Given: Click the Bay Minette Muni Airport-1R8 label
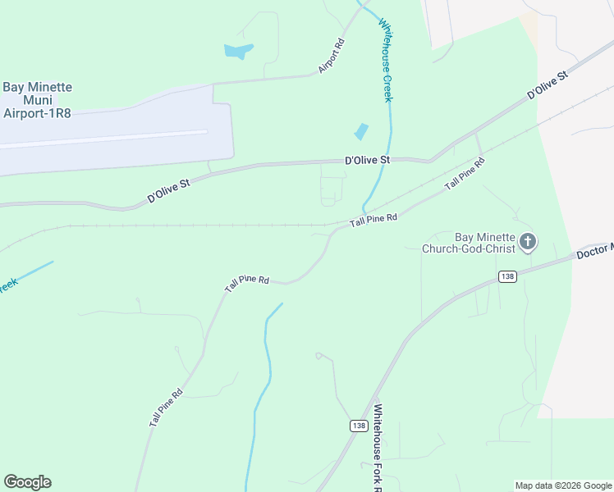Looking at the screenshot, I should pyautogui.click(x=38, y=100).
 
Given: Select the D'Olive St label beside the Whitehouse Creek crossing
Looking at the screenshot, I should pyautogui.click(x=366, y=161).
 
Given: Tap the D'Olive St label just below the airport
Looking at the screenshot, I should pyautogui.click(x=168, y=192).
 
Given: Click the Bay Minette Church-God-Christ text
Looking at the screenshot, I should pyautogui.click(x=468, y=243).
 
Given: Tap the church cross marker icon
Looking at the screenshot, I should pyautogui.click(x=528, y=242).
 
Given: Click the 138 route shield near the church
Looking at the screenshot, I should pyautogui.click(x=507, y=277).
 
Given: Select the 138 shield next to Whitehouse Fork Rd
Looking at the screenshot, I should pyautogui.click(x=358, y=425).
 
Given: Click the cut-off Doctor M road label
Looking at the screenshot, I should pyautogui.click(x=594, y=250).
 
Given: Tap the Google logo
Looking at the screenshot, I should pyautogui.click(x=27, y=482).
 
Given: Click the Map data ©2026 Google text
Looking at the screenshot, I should pyautogui.click(x=563, y=485).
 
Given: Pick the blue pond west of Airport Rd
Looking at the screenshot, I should pyautogui.click(x=237, y=51).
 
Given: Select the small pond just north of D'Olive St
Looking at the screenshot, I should pyautogui.click(x=360, y=131).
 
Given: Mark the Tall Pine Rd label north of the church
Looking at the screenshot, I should pyautogui.click(x=465, y=174).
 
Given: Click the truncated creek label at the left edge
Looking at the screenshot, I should pyautogui.click(x=8, y=284).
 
